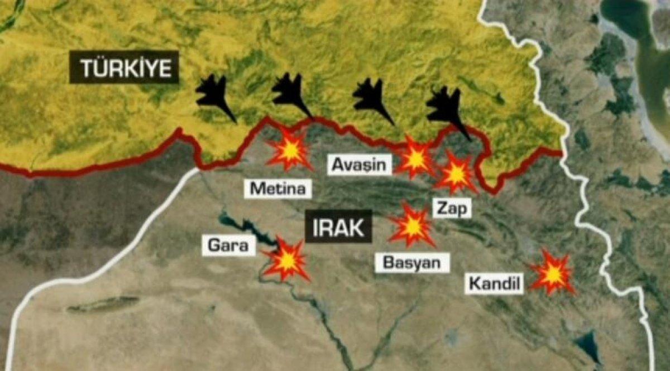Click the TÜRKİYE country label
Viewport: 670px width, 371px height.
[x=124, y=68]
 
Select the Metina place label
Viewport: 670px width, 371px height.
[x=278, y=189]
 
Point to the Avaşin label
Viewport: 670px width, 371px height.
[x=360, y=164]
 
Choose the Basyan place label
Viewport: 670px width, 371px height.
[x=412, y=262]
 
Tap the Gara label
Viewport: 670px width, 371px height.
[x=228, y=245]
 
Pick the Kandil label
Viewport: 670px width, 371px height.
[x=495, y=285]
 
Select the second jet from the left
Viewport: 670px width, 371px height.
[x=291, y=94]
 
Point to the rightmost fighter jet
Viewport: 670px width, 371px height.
[x=447, y=109]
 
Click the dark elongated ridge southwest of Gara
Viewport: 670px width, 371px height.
[x=103, y=304]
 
